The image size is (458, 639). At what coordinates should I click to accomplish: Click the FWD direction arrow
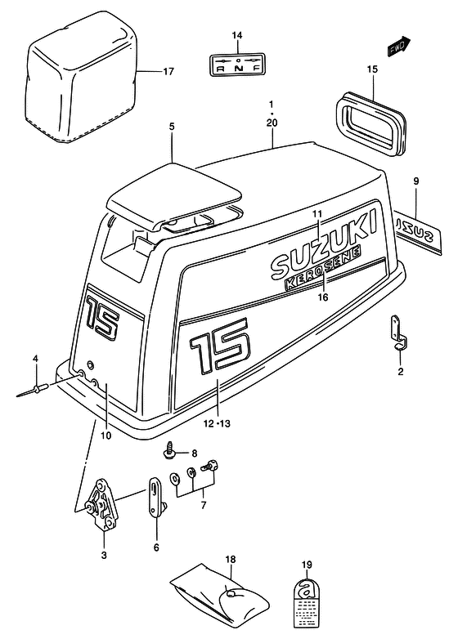[398, 46]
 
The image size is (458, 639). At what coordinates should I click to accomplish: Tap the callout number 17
[168, 72]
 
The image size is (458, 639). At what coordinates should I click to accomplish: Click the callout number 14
[237, 35]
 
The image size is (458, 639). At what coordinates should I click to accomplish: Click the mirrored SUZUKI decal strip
[418, 233]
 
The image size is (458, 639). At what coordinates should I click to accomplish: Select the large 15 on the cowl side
[219, 344]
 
